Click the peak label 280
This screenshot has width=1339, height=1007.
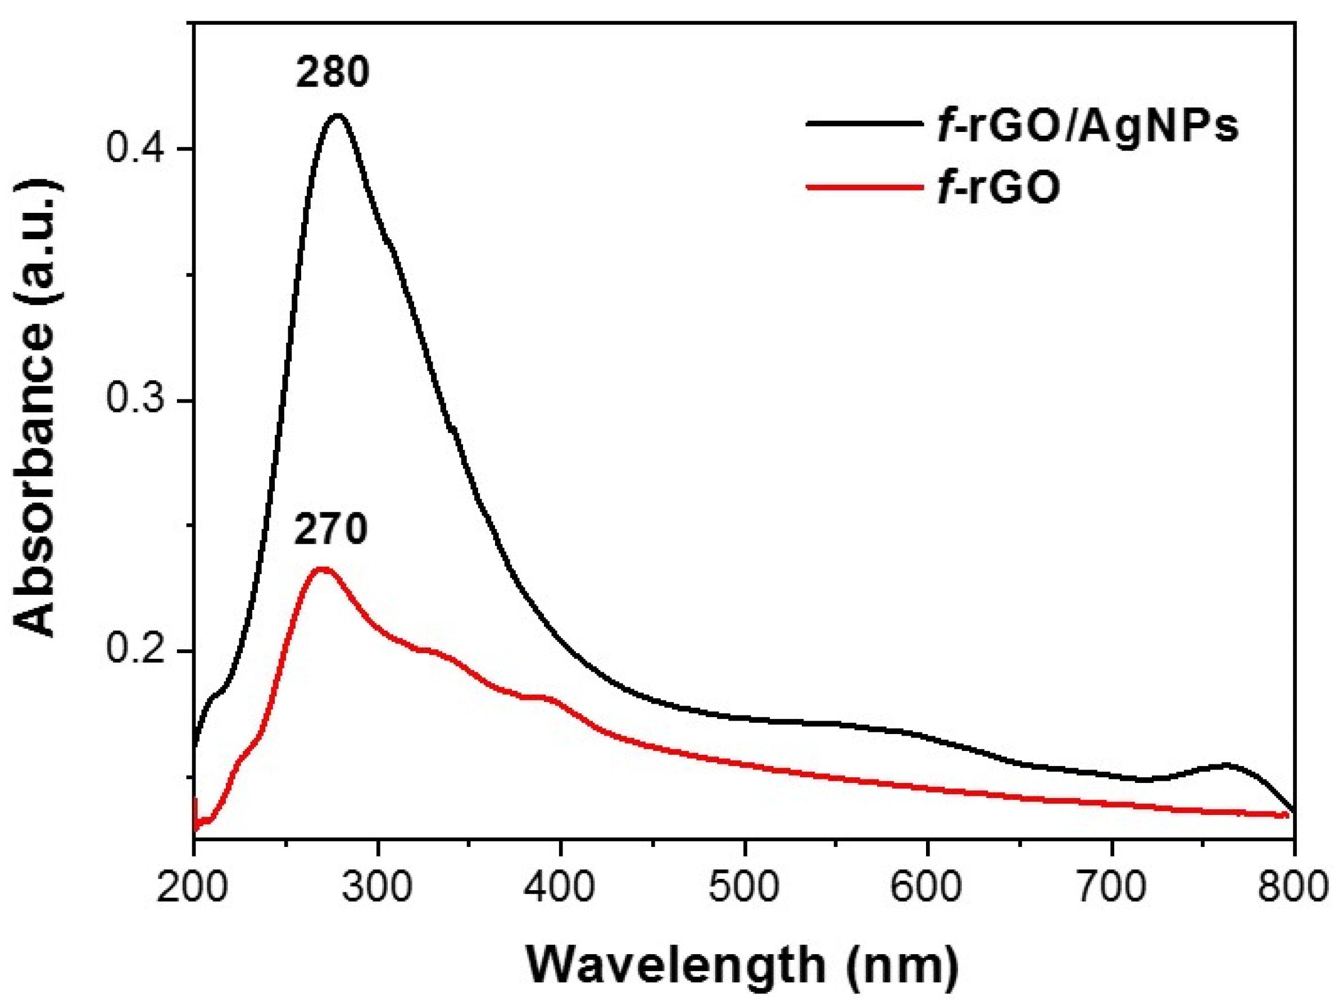[x=332, y=73]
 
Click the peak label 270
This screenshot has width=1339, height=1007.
[x=330, y=530]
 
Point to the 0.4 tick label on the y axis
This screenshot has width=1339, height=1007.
[x=136, y=148]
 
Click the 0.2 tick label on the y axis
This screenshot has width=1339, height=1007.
[x=136, y=651]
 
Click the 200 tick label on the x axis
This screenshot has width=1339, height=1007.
[x=193, y=887]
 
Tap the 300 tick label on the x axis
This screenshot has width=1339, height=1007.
[x=378, y=887]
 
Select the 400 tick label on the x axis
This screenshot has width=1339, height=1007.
[x=561, y=887]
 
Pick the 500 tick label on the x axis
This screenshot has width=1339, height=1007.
[x=745, y=887]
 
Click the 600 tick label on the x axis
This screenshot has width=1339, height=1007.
[x=929, y=887]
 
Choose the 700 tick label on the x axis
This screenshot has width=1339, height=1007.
[x=1113, y=887]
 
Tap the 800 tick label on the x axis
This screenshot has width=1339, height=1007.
[x=1293, y=887]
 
